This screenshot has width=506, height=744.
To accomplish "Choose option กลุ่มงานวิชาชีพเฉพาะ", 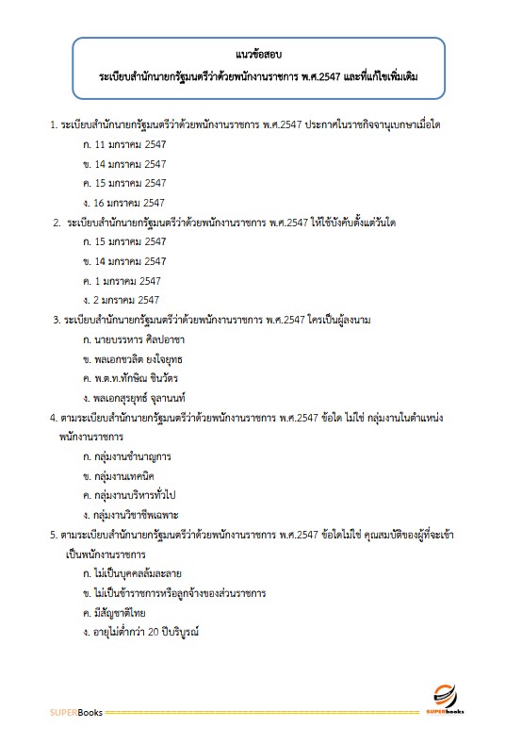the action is coord(139,514).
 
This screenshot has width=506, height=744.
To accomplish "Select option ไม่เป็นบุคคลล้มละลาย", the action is coord(144,573).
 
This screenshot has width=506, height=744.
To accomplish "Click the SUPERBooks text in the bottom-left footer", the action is coord(71,710).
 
